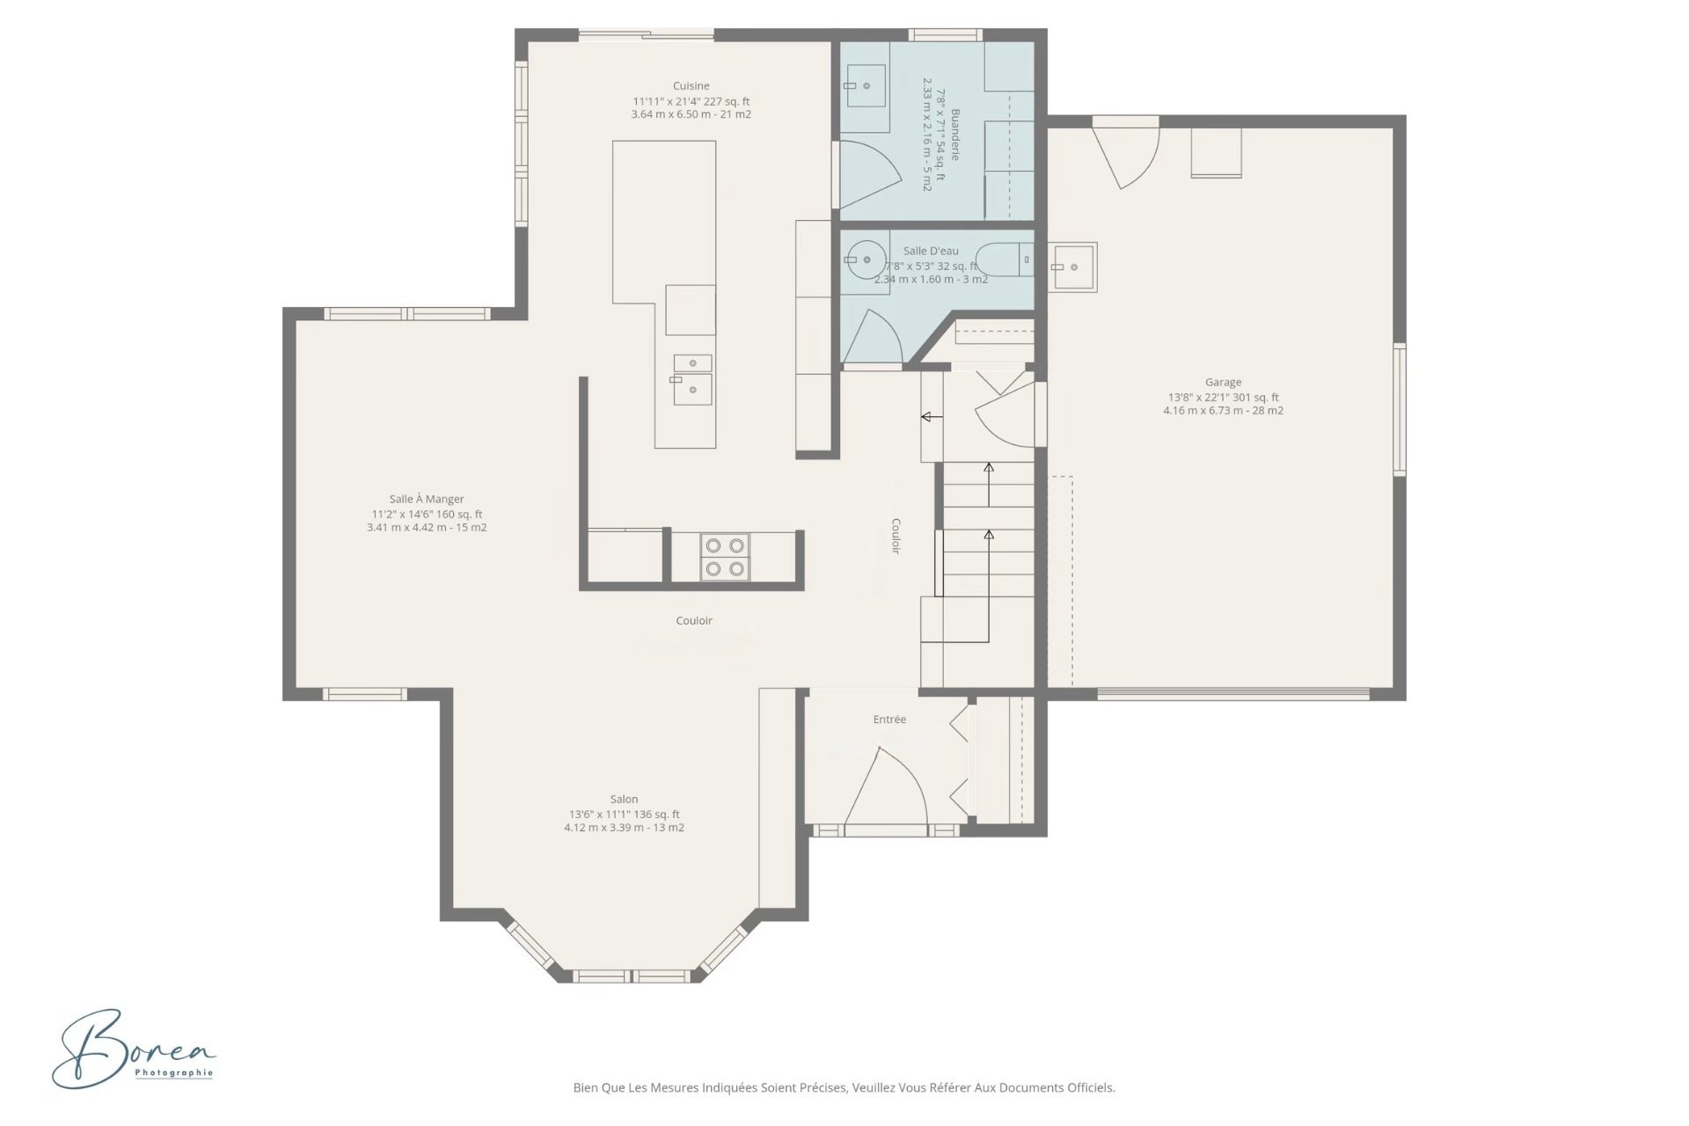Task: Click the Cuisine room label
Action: [691, 86]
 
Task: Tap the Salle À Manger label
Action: [427, 500]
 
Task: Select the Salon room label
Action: [625, 800]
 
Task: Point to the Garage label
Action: [1224, 383]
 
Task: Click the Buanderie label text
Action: [954, 135]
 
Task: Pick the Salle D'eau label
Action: [931, 252]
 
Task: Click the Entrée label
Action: [889, 720]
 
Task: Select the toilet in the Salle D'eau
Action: [1006, 259]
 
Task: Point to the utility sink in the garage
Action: [1072, 267]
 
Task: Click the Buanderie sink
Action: [865, 85]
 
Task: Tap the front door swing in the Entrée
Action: [884, 786]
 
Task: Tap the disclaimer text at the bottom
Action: [844, 1088]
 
